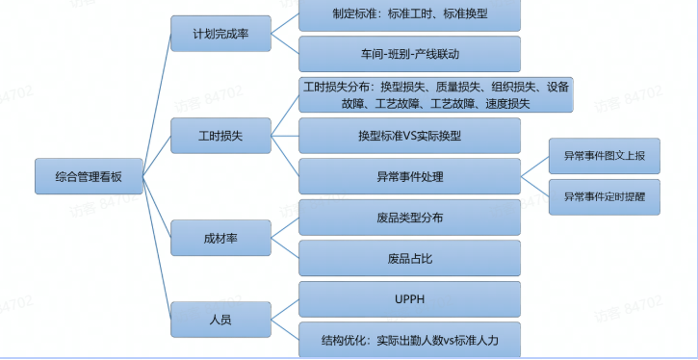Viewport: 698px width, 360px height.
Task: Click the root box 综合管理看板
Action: [x=90, y=176]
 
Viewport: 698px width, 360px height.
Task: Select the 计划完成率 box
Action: [x=220, y=36]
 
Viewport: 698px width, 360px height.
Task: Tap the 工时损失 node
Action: [x=220, y=135]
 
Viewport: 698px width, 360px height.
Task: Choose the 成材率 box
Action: [x=220, y=238]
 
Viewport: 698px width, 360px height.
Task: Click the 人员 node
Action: [x=220, y=319]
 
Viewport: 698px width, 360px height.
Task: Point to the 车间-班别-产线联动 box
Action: [x=409, y=54]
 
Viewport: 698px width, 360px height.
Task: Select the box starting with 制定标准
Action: [x=409, y=14]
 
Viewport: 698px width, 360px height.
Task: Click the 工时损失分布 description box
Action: [x=436, y=95]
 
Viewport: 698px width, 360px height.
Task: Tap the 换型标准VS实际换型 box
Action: [x=409, y=136]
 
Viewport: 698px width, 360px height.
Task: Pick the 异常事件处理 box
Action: [x=409, y=177]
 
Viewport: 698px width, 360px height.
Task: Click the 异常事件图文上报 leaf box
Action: [x=605, y=155]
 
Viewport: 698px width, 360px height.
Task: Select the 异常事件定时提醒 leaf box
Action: [x=605, y=196]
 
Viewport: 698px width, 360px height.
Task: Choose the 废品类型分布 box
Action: [x=409, y=218]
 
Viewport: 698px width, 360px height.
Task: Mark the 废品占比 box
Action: [x=409, y=258]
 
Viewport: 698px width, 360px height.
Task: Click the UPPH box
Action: [x=409, y=299]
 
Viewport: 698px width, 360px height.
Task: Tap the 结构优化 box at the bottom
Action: [x=409, y=340]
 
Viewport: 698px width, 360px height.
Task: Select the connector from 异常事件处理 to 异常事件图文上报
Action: [x=535, y=166]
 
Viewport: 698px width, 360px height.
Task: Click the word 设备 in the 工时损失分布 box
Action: [x=557, y=86]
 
